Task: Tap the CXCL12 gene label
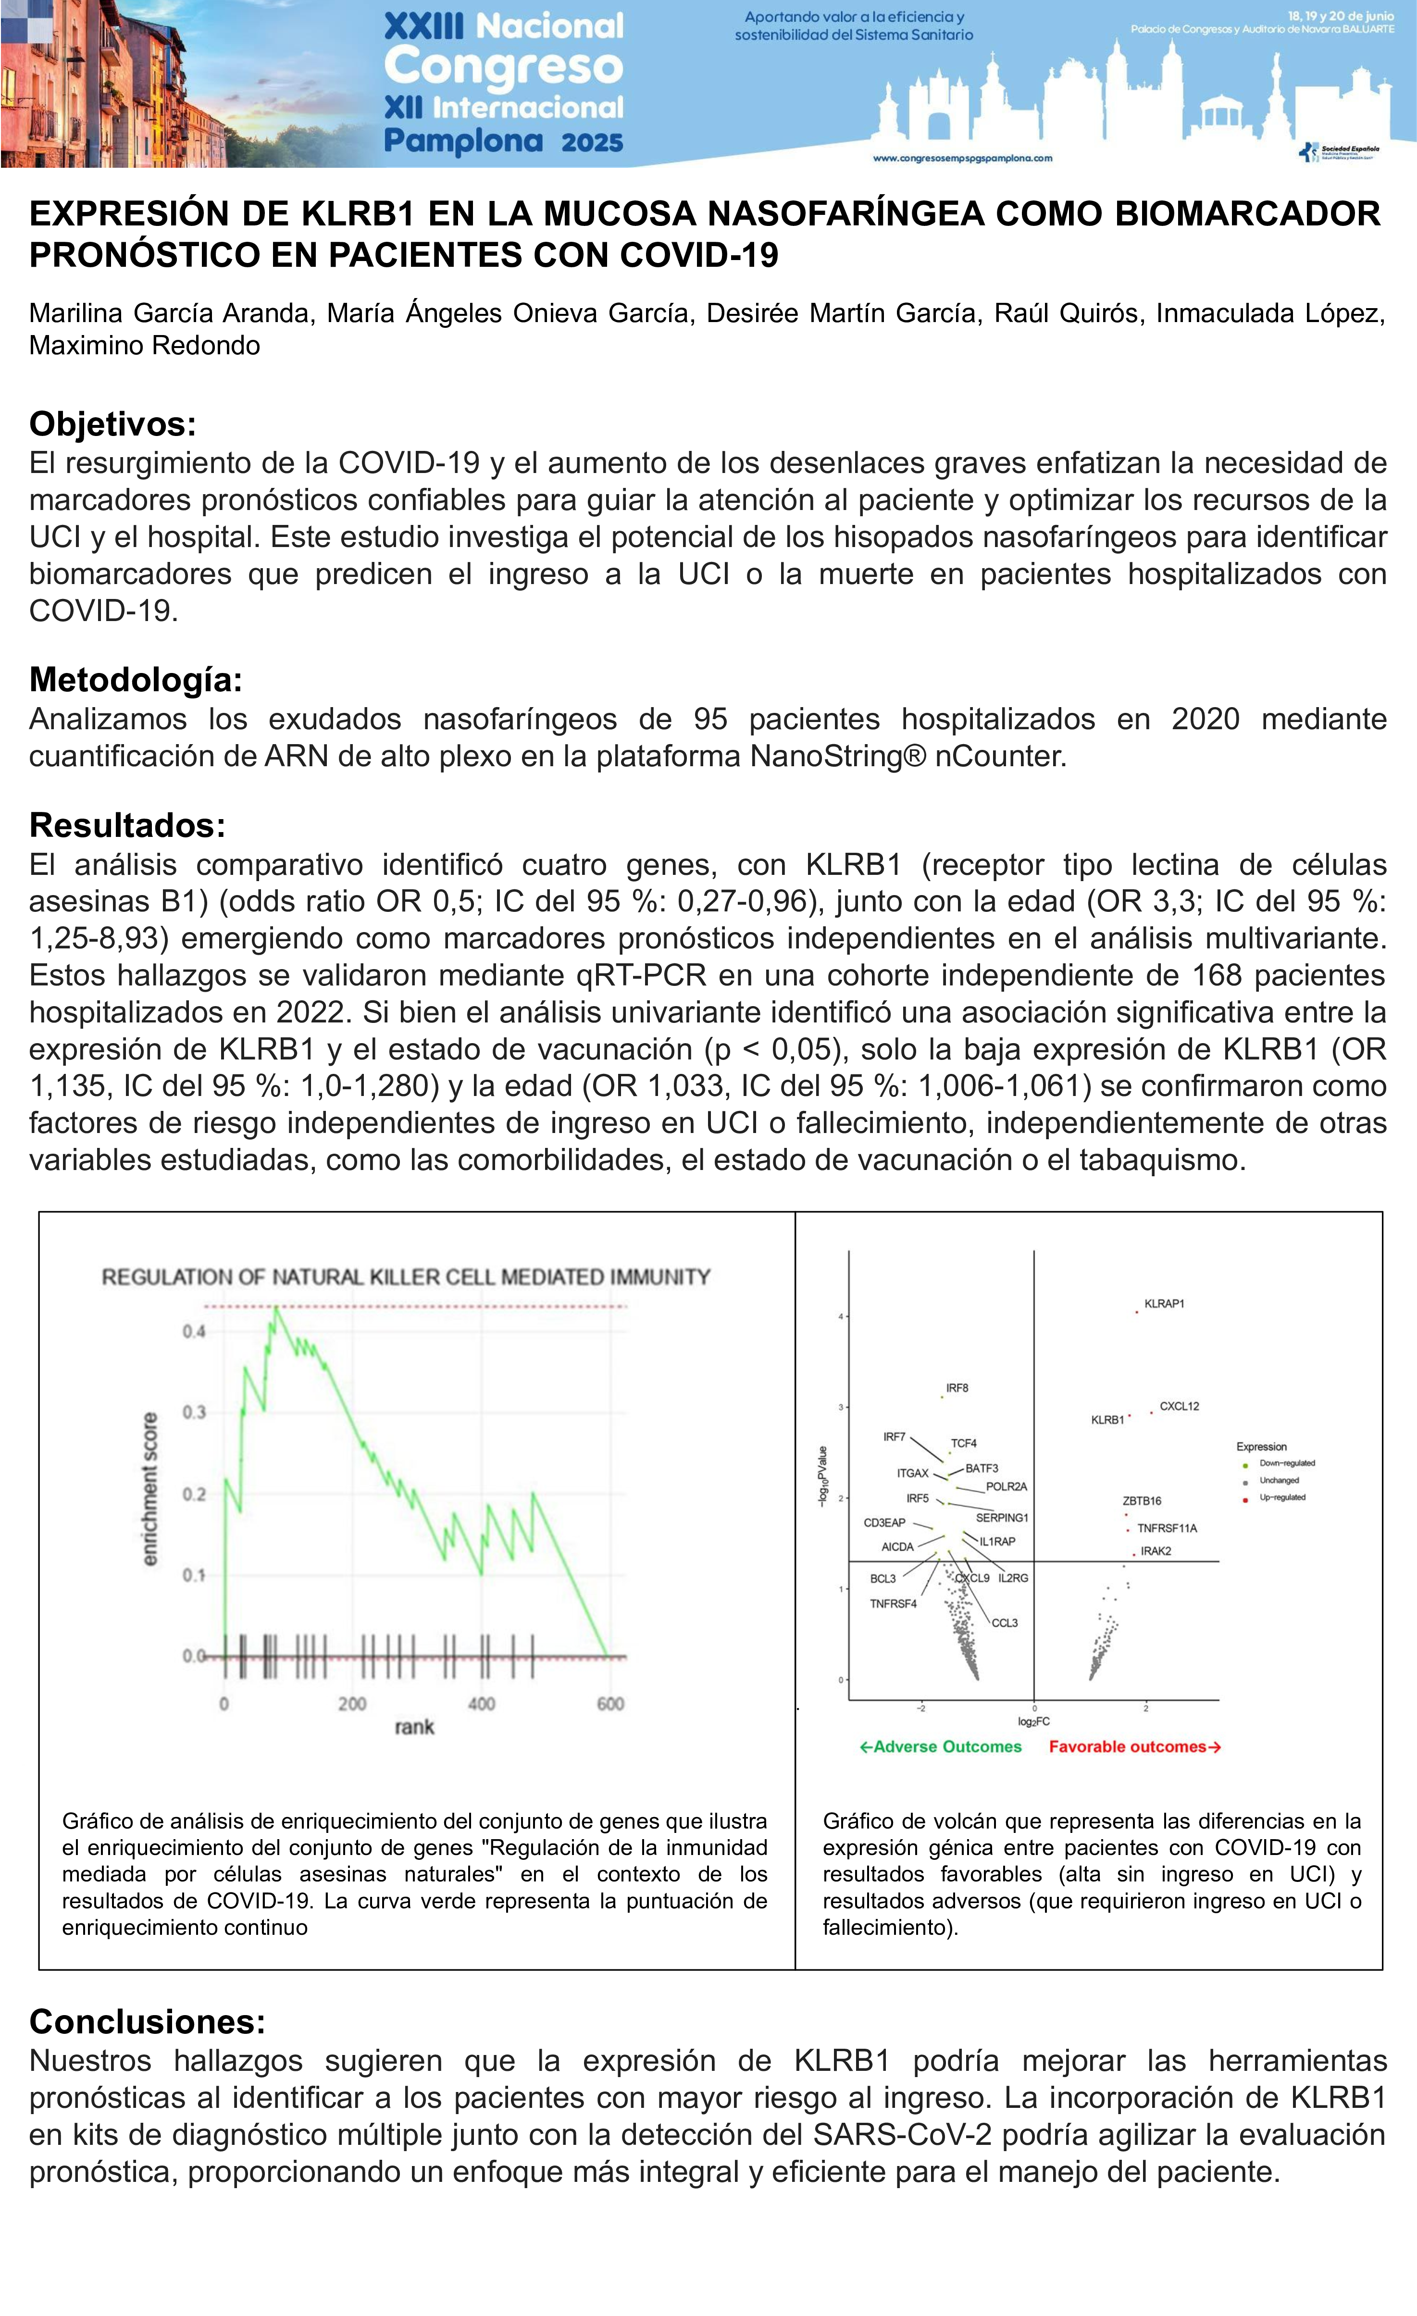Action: click(1179, 1406)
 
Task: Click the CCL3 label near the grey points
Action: click(1005, 1622)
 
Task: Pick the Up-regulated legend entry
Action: click(1281, 1497)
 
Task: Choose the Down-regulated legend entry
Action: click(1286, 1463)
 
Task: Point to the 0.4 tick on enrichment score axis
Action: click(194, 1331)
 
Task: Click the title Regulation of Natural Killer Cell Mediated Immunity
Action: click(406, 1276)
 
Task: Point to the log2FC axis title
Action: click(1033, 1721)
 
